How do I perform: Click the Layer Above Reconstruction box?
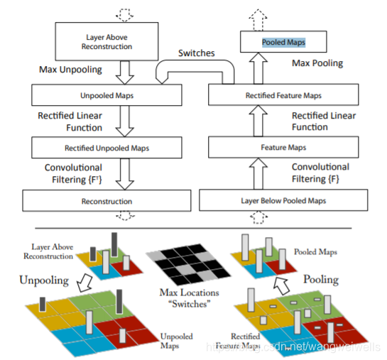107,41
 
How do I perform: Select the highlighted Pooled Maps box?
283,42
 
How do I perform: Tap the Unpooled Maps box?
107,95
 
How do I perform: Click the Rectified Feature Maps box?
283,94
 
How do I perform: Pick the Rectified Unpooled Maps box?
107,148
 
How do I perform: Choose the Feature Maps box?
283,147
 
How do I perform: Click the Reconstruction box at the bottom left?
107,201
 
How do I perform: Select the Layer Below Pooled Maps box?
283,200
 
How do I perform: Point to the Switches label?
197,53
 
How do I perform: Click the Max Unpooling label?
70,70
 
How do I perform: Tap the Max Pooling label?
317,63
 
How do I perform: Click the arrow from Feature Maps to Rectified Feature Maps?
258,121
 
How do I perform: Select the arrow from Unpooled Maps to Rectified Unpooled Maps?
125,121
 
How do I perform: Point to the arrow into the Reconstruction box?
125,174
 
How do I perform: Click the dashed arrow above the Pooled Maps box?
258,20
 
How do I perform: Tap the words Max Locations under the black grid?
189,293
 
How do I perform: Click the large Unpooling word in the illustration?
44,280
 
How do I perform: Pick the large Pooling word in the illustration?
321,280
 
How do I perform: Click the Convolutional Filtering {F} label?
320,173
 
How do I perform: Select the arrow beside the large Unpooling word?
85,283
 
